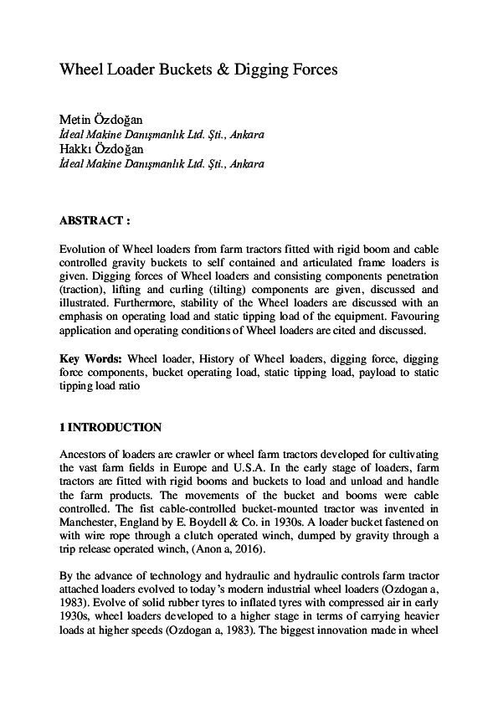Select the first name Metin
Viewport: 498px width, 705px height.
click(76, 121)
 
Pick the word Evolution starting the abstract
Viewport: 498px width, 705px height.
click(85, 250)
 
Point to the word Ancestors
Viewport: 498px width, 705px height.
click(86, 455)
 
